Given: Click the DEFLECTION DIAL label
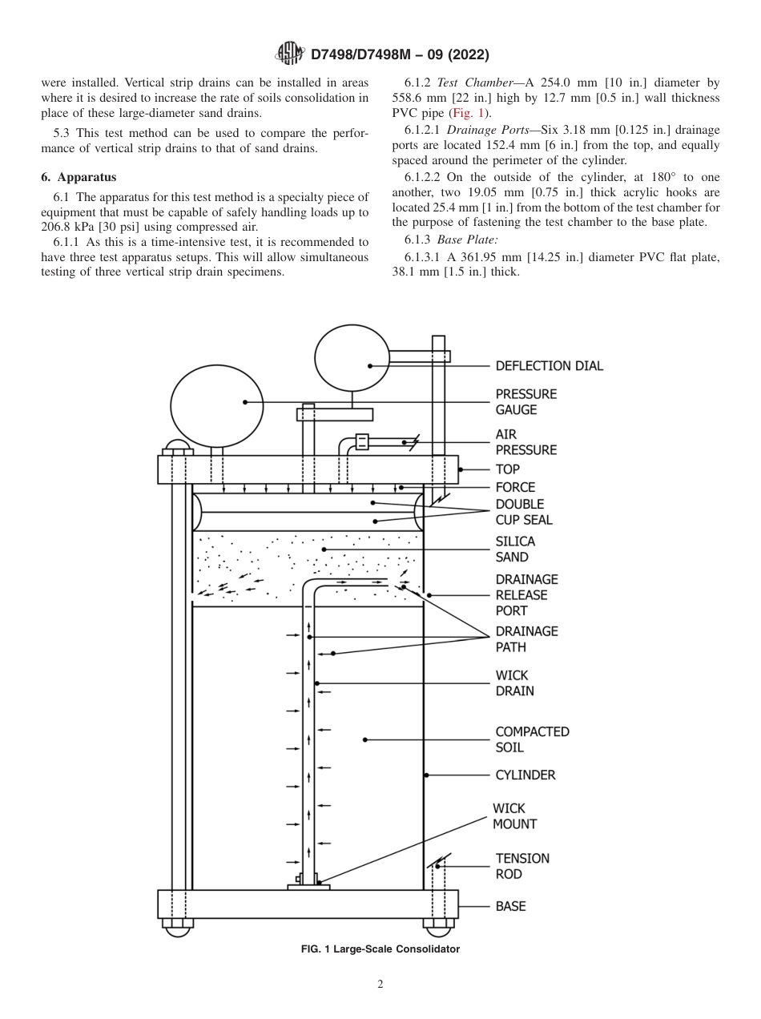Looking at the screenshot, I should tap(549, 366).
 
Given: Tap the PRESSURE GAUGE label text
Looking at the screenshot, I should tap(525, 402).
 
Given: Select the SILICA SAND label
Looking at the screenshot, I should tap(514, 550).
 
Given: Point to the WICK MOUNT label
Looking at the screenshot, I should tap(514, 816).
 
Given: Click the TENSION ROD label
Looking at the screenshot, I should tap(522, 866).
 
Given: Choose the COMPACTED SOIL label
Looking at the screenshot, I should tap(532, 739).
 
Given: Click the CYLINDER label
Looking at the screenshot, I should tap(525, 775).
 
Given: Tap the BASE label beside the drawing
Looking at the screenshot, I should tap(510, 906).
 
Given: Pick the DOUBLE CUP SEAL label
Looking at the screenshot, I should tap(523, 512).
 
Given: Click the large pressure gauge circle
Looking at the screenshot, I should tap(216, 403).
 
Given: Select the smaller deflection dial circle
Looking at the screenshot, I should tap(351, 360).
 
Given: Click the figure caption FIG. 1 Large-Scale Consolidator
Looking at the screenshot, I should tap(380, 949).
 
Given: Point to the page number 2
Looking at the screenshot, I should tap(380, 985).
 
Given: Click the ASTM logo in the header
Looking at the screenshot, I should tap(289, 54).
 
